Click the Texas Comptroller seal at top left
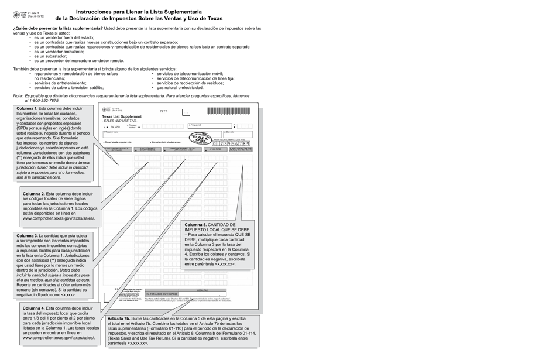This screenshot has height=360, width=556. tap(16, 15)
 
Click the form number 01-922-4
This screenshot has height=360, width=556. tap(34, 12)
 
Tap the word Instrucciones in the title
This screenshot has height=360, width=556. tap(98, 12)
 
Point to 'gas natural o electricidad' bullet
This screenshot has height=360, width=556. tap(180, 87)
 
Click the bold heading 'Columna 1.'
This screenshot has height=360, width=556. tap(27, 109)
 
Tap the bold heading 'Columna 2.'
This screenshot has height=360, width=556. tap(33, 193)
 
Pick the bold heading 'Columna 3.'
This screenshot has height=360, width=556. tap(27, 235)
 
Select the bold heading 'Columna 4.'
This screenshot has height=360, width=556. tap(33, 308)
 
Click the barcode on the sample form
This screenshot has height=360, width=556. tap(227, 111)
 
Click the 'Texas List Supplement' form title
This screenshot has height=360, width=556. tap(122, 116)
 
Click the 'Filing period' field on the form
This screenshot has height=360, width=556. tap(208, 126)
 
